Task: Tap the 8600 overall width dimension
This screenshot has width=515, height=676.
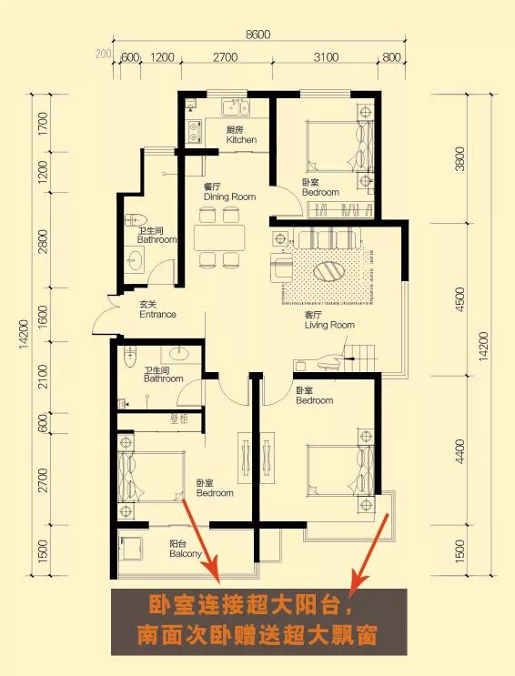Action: [257, 34]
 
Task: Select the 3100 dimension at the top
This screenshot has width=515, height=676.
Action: [326, 57]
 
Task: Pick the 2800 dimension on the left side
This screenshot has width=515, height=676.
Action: [43, 241]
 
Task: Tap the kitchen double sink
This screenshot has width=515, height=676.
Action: [236, 107]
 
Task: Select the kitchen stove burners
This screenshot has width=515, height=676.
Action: [196, 131]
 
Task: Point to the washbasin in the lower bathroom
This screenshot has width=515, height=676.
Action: [178, 354]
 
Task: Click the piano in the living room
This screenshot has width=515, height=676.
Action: [331, 361]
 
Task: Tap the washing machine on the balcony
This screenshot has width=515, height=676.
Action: [130, 549]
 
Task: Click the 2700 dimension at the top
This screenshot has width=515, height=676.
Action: [225, 57]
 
